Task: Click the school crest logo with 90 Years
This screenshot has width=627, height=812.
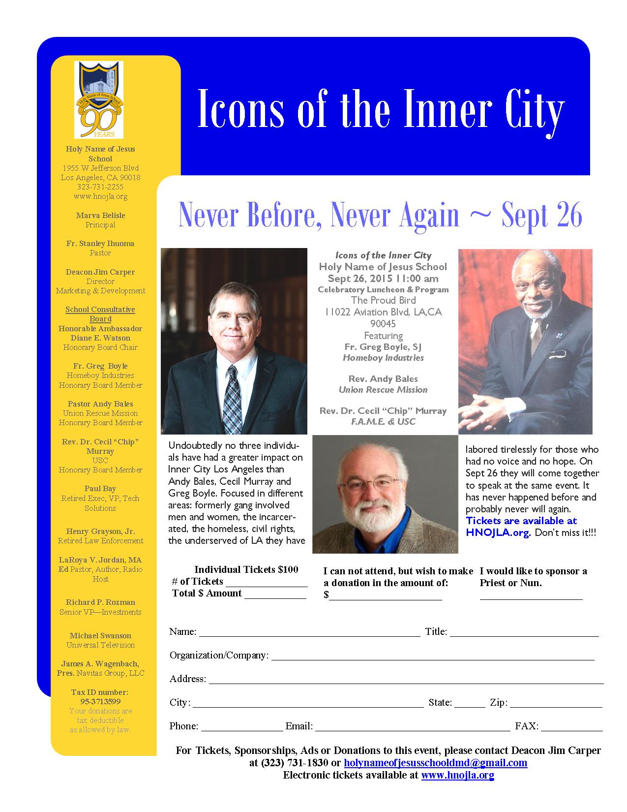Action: coord(99,100)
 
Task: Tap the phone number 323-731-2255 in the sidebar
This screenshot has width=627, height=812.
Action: coord(100,187)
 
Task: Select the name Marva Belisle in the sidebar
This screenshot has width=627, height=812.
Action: coord(100,216)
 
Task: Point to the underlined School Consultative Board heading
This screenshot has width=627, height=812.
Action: coord(100,314)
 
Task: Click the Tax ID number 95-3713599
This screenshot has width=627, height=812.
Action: coord(100,702)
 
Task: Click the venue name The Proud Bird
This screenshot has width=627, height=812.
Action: coord(383,300)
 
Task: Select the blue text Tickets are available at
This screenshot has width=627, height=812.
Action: coord(521,521)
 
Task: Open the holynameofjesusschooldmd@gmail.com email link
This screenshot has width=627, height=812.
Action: coord(435,763)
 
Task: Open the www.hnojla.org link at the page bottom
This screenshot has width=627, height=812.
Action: coord(457,775)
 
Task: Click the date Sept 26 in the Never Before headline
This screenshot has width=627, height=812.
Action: coord(542,215)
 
